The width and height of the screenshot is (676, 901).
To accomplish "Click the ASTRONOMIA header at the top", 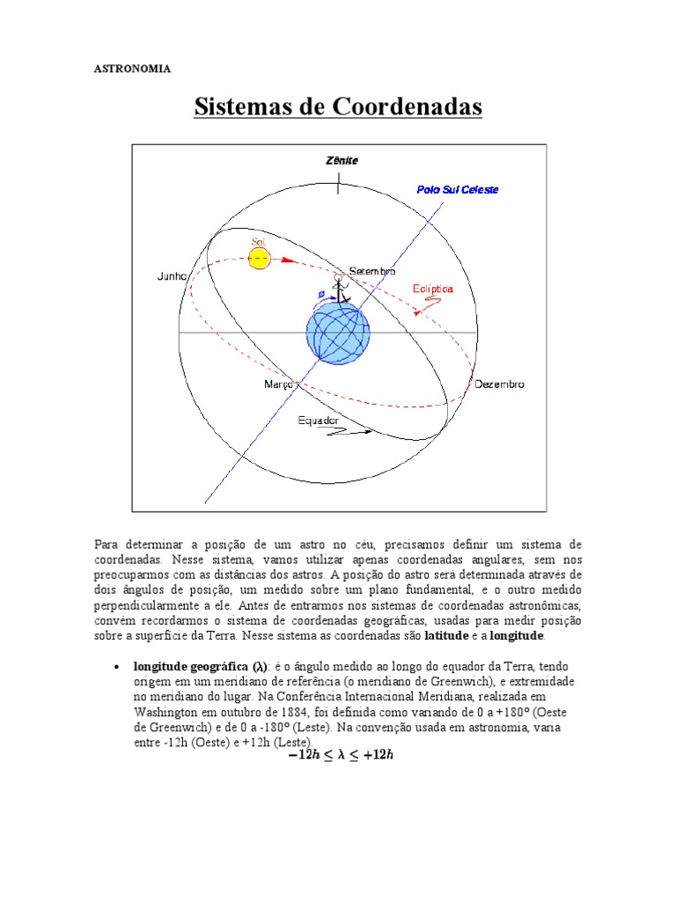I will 132,69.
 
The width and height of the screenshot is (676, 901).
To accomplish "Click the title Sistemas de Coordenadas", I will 338,108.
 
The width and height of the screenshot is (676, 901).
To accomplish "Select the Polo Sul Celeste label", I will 457,189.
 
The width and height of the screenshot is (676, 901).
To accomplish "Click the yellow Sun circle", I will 259,258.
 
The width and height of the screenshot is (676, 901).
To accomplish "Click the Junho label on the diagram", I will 173,276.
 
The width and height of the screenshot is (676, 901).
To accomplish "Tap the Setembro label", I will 372,271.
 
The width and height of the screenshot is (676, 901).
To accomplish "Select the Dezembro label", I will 499,385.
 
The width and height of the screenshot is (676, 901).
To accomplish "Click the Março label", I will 279,385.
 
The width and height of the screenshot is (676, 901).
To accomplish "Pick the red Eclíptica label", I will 433,289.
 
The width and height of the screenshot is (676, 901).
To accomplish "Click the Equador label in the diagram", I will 318,421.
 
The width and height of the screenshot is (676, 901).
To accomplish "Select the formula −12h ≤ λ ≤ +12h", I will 339,754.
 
